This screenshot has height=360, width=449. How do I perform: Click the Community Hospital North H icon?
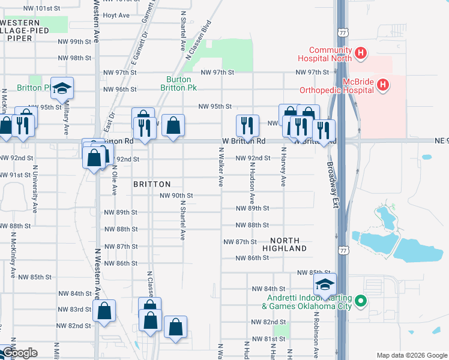pyautogui.click(x=360, y=54)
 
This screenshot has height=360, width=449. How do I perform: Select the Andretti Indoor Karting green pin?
pyautogui.click(x=360, y=301)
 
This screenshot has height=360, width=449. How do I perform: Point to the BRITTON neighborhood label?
pyautogui.click(x=152, y=184)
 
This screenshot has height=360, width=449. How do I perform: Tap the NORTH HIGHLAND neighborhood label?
pyautogui.click(x=284, y=244)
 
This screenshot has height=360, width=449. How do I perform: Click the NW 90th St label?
pyautogui.click(x=176, y=196)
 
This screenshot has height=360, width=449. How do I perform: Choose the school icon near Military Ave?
pyautogui.click(x=61, y=89)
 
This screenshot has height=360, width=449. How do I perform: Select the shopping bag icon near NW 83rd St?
pyautogui.click(x=104, y=311)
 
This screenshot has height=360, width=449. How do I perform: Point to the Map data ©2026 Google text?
pyautogui.click(x=411, y=355)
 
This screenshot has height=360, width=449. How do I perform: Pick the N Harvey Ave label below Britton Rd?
pyautogui.click(x=283, y=170)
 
